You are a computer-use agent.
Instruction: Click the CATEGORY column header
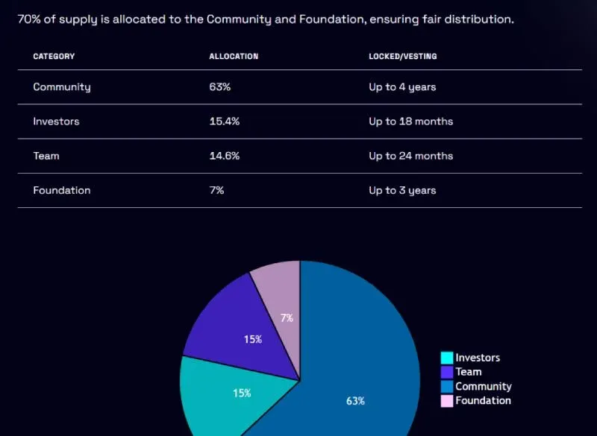click(x=54, y=57)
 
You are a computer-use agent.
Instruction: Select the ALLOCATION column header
click(x=234, y=57)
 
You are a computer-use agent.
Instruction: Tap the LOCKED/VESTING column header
click(x=403, y=57)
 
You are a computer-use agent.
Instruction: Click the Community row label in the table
click(x=62, y=87)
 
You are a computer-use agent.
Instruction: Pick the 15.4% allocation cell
click(x=224, y=121)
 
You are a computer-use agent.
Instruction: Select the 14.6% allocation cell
click(x=224, y=156)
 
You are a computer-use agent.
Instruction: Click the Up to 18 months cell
click(x=410, y=121)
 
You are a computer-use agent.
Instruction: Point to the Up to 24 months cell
click(x=410, y=156)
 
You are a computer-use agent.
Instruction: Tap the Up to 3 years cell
click(x=402, y=190)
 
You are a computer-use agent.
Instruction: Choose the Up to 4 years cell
click(x=402, y=87)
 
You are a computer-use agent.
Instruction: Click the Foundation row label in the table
click(x=62, y=190)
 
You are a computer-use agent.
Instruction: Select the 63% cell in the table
click(x=219, y=87)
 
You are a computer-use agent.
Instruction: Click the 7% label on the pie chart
click(x=287, y=318)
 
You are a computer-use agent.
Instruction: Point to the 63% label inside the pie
click(x=355, y=401)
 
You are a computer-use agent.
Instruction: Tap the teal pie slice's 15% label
click(x=242, y=394)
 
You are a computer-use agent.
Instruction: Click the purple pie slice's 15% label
click(x=253, y=340)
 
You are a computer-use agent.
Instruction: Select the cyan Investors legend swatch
click(x=447, y=358)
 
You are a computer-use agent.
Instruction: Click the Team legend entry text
click(x=469, y=372)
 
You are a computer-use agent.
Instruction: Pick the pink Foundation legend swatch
click(x=447, y=401)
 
